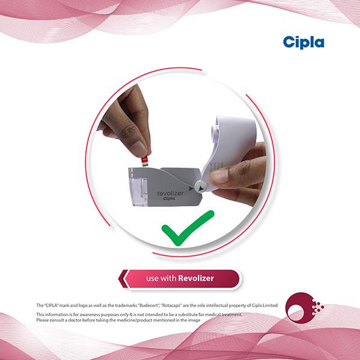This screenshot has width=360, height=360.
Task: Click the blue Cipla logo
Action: click(x=304, y=43)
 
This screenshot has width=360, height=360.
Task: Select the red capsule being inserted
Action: click(x=145, y=161)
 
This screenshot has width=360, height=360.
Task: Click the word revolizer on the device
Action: click(x=170, y=193)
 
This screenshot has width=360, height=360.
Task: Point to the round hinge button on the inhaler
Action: click(x=200, y=187)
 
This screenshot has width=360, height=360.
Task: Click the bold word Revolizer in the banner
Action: click(x=196, y=278)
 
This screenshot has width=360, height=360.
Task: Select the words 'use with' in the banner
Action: click(x=161, y=278)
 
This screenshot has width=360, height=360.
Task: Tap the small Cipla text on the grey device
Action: click(x=169, y=199)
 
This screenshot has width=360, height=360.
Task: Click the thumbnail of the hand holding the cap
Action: click(x=218, y=175)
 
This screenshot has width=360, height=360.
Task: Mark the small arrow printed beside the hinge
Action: click(x=191, y=188)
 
